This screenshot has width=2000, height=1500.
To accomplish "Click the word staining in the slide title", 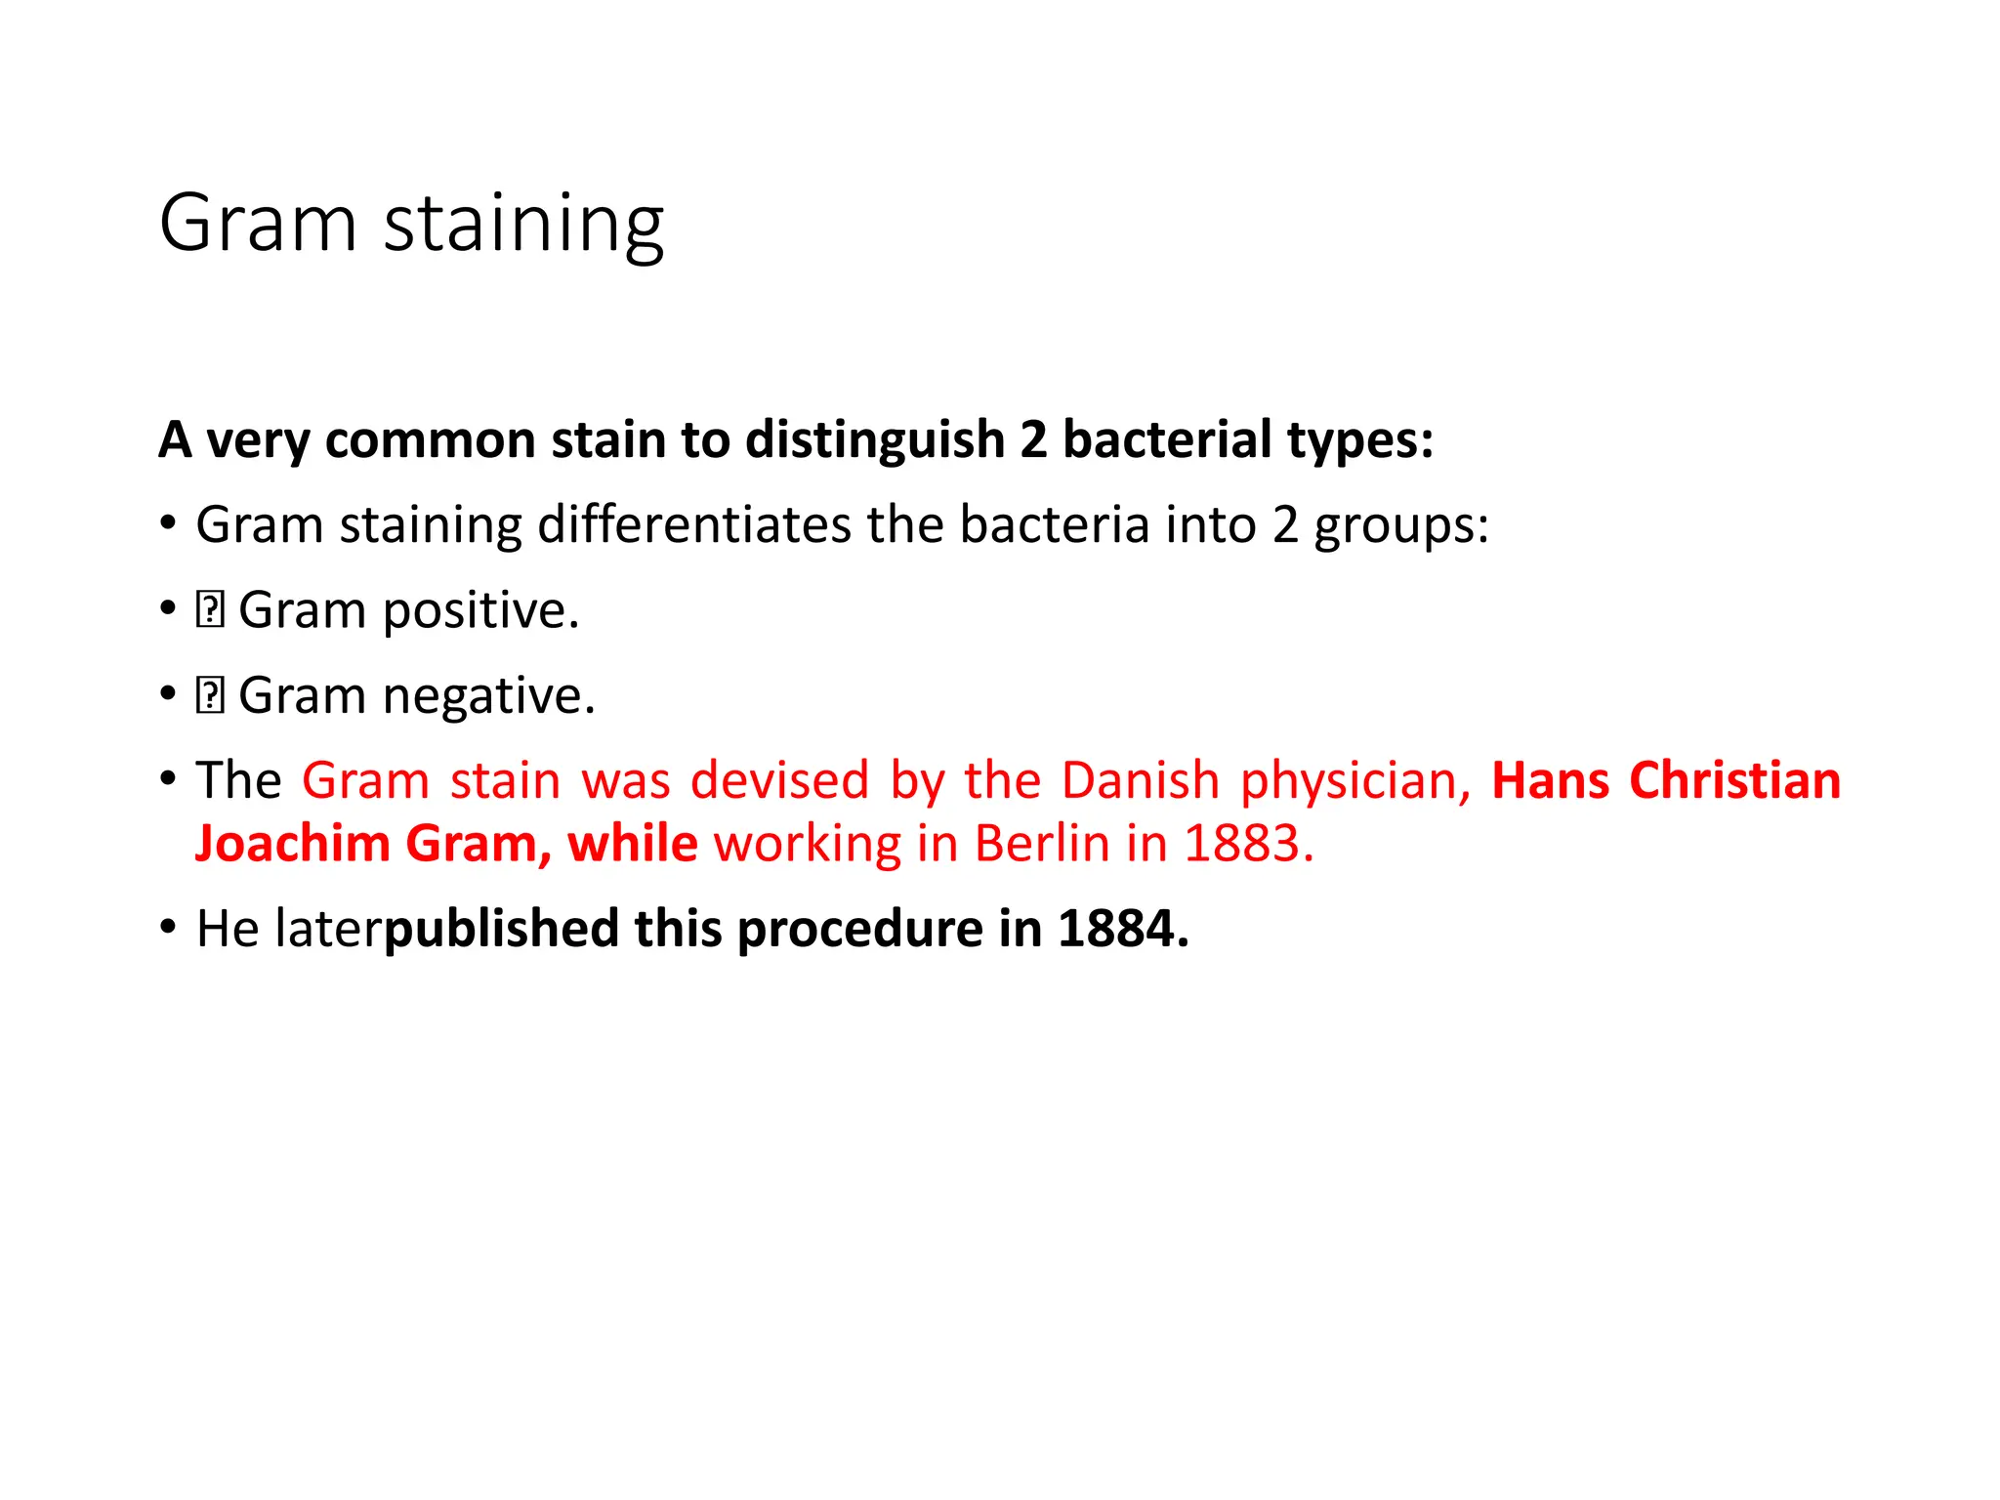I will tap(523, 225).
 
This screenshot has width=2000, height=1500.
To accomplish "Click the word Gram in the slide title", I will tap(258, 223).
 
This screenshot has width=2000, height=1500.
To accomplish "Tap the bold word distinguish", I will tap(875, 439).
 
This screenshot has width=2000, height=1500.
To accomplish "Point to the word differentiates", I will tap(694, 524).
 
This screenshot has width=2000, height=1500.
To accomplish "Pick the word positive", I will tap(480, 611).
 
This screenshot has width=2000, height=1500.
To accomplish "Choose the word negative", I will tap(488, 695).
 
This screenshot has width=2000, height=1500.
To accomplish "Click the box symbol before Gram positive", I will tap(210, 610).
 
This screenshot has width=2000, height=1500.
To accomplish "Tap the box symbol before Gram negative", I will tap(210, 695).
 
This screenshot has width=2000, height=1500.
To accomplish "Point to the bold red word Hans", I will tap(1550, 781).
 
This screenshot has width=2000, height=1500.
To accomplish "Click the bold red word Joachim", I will tap(293, 844).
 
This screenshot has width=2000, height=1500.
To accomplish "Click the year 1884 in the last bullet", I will tap(1123, 929).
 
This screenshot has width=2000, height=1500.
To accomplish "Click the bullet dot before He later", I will tap(169, 927).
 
